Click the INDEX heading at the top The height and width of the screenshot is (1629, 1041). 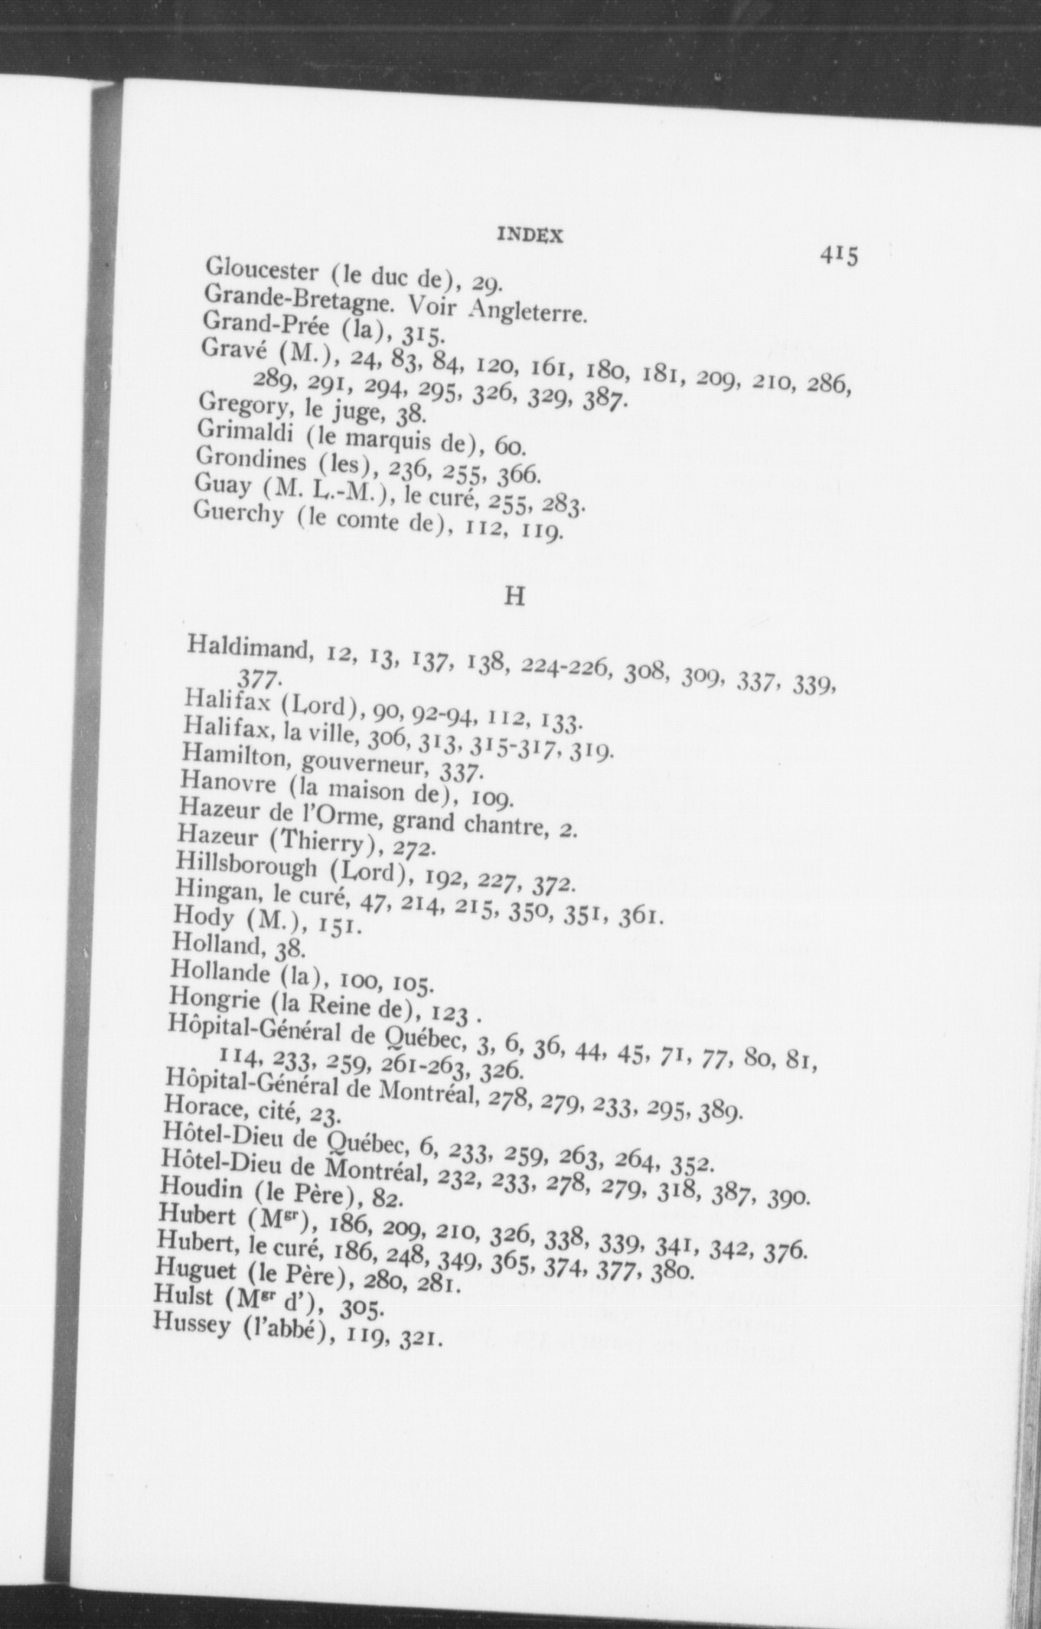coord(530,236)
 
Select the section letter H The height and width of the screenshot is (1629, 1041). coord(514,596)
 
